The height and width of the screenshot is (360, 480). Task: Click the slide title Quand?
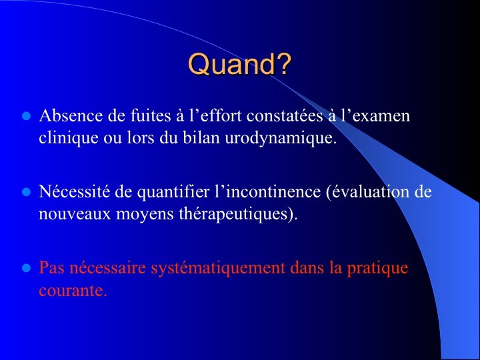(239, 64)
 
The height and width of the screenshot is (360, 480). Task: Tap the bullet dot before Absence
(27, 116)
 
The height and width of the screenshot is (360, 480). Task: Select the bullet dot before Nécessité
(27, 192)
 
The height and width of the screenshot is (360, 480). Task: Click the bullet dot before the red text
(27, 268)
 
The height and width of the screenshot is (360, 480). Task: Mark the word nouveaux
(75, 214)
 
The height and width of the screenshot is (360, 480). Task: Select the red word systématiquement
(218, 268)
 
